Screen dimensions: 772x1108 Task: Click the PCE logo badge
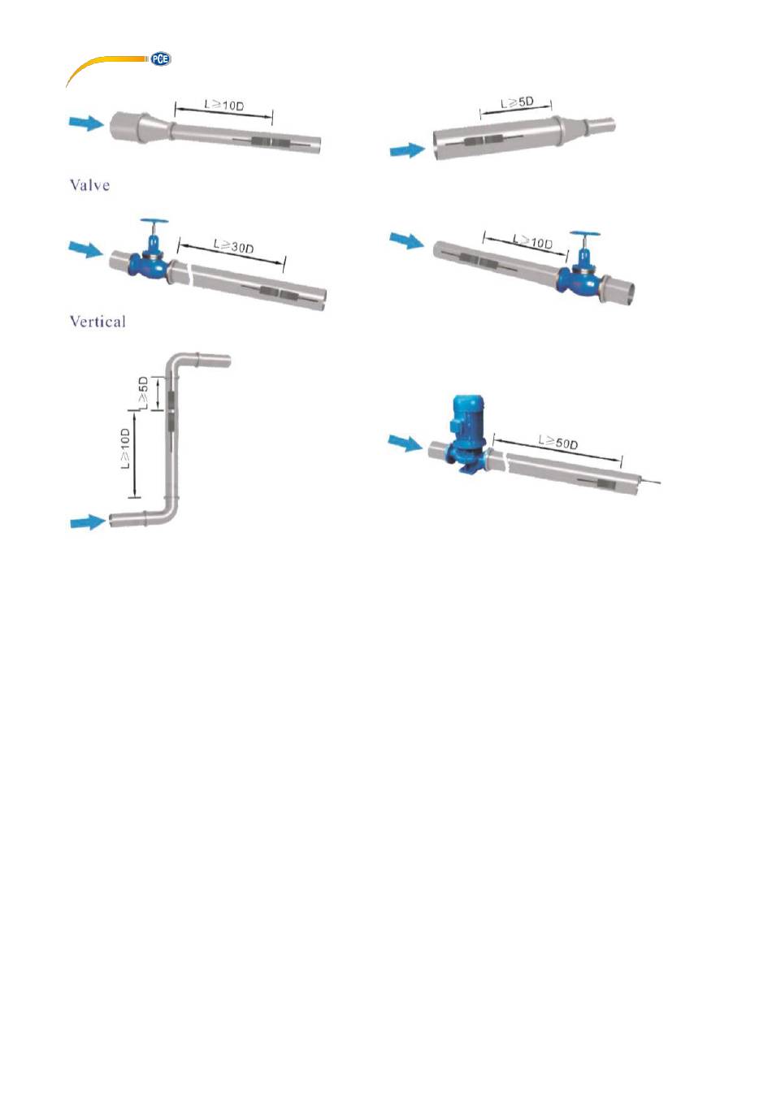pos(160,59)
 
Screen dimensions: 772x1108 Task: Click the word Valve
pos(89,185)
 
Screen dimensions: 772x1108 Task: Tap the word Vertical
pos(98,322)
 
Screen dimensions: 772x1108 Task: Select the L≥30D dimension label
pos(233,245)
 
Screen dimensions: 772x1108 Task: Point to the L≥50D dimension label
pos(557,441)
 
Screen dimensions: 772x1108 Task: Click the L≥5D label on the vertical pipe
pos(144,392)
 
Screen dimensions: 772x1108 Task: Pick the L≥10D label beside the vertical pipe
pos(126,448)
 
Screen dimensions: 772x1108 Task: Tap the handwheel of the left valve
pos(154,222)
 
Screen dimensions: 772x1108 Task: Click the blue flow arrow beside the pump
pos(405,443)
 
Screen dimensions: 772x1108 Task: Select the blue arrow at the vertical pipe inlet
pos(88,522)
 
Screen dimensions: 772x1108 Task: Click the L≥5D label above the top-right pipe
pos(517,103)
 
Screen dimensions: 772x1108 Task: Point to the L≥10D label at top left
pos(224,105)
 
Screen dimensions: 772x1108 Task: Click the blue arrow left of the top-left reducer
pos(86,123)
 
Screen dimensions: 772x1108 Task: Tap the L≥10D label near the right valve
pos(532,241)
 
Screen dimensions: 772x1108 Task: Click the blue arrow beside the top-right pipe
pos(407,150)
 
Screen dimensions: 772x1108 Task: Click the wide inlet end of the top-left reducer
pos(123,127)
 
